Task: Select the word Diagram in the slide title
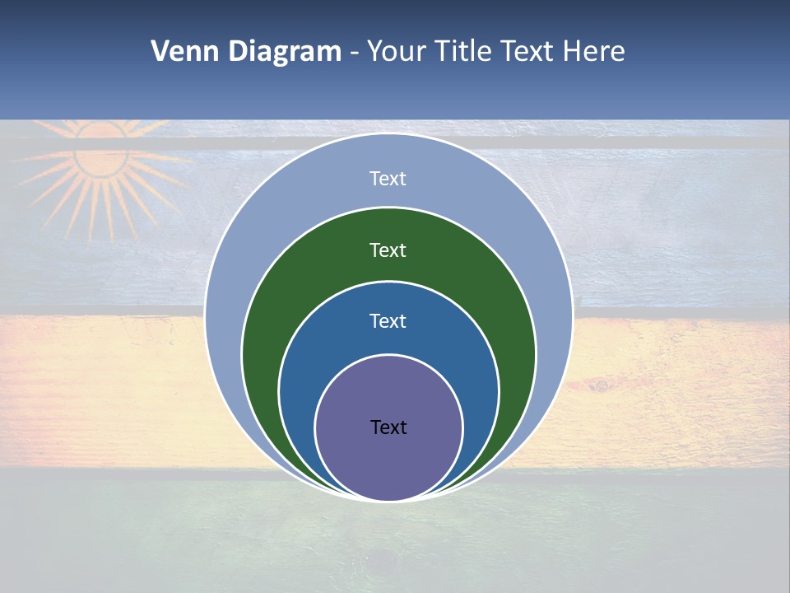pos(285,52)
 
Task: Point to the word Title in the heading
pos(466,52)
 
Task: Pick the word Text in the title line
pos(530,52)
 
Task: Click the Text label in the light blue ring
pos(388,179)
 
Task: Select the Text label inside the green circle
pos(388,250)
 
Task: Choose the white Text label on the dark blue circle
pos(388,320)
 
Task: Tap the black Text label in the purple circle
pos(388,427)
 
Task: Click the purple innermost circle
pos(388,461)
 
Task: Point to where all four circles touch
pos(388,500)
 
